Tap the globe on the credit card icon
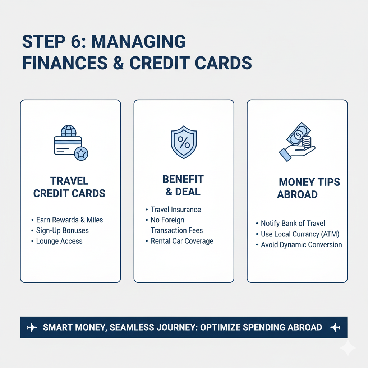coord(69,131)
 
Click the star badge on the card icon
coord(81,153)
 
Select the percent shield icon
coord(184,142)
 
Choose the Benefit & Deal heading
coord(183,185)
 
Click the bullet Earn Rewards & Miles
coord(69,220)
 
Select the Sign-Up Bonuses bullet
coord(62,230)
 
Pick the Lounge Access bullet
coord(59,241)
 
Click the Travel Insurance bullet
coord(176,209)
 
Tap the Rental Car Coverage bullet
coord(182,241)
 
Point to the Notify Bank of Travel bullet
coord(293,224)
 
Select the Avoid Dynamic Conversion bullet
coord(301,245)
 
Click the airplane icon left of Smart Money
coord(32,327)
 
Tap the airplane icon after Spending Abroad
coord(335,327)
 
